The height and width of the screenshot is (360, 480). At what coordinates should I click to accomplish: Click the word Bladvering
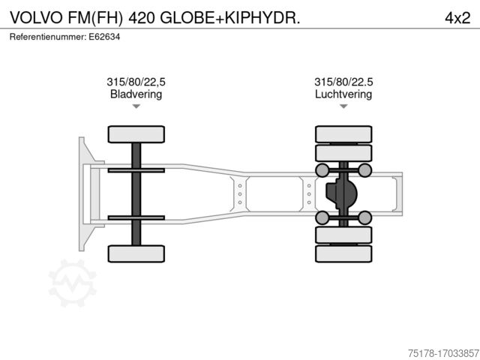136,94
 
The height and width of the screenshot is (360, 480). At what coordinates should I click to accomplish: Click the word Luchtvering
343,94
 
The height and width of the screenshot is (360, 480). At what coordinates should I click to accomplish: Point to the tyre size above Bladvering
136,82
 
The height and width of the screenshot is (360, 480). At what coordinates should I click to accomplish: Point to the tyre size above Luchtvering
343,82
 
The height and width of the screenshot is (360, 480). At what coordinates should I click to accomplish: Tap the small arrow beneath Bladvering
136,107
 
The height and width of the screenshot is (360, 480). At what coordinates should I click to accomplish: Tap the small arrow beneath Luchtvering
343,107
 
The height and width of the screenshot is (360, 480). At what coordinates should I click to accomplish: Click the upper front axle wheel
136,134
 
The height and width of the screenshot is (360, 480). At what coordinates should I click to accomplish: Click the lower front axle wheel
136,253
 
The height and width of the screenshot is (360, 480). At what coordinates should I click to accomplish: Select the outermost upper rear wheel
343,134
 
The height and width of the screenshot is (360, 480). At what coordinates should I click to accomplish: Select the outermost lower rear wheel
343,253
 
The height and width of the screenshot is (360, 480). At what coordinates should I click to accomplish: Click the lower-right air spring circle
365,217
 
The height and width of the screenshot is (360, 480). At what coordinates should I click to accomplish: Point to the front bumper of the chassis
82,193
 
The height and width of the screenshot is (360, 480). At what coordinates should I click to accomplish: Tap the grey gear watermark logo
73,283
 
